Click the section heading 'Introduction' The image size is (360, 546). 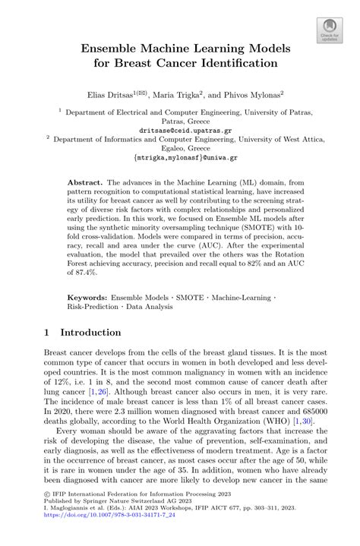[x=90, y=332]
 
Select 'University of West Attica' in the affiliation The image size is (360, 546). [x=263, y=139]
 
